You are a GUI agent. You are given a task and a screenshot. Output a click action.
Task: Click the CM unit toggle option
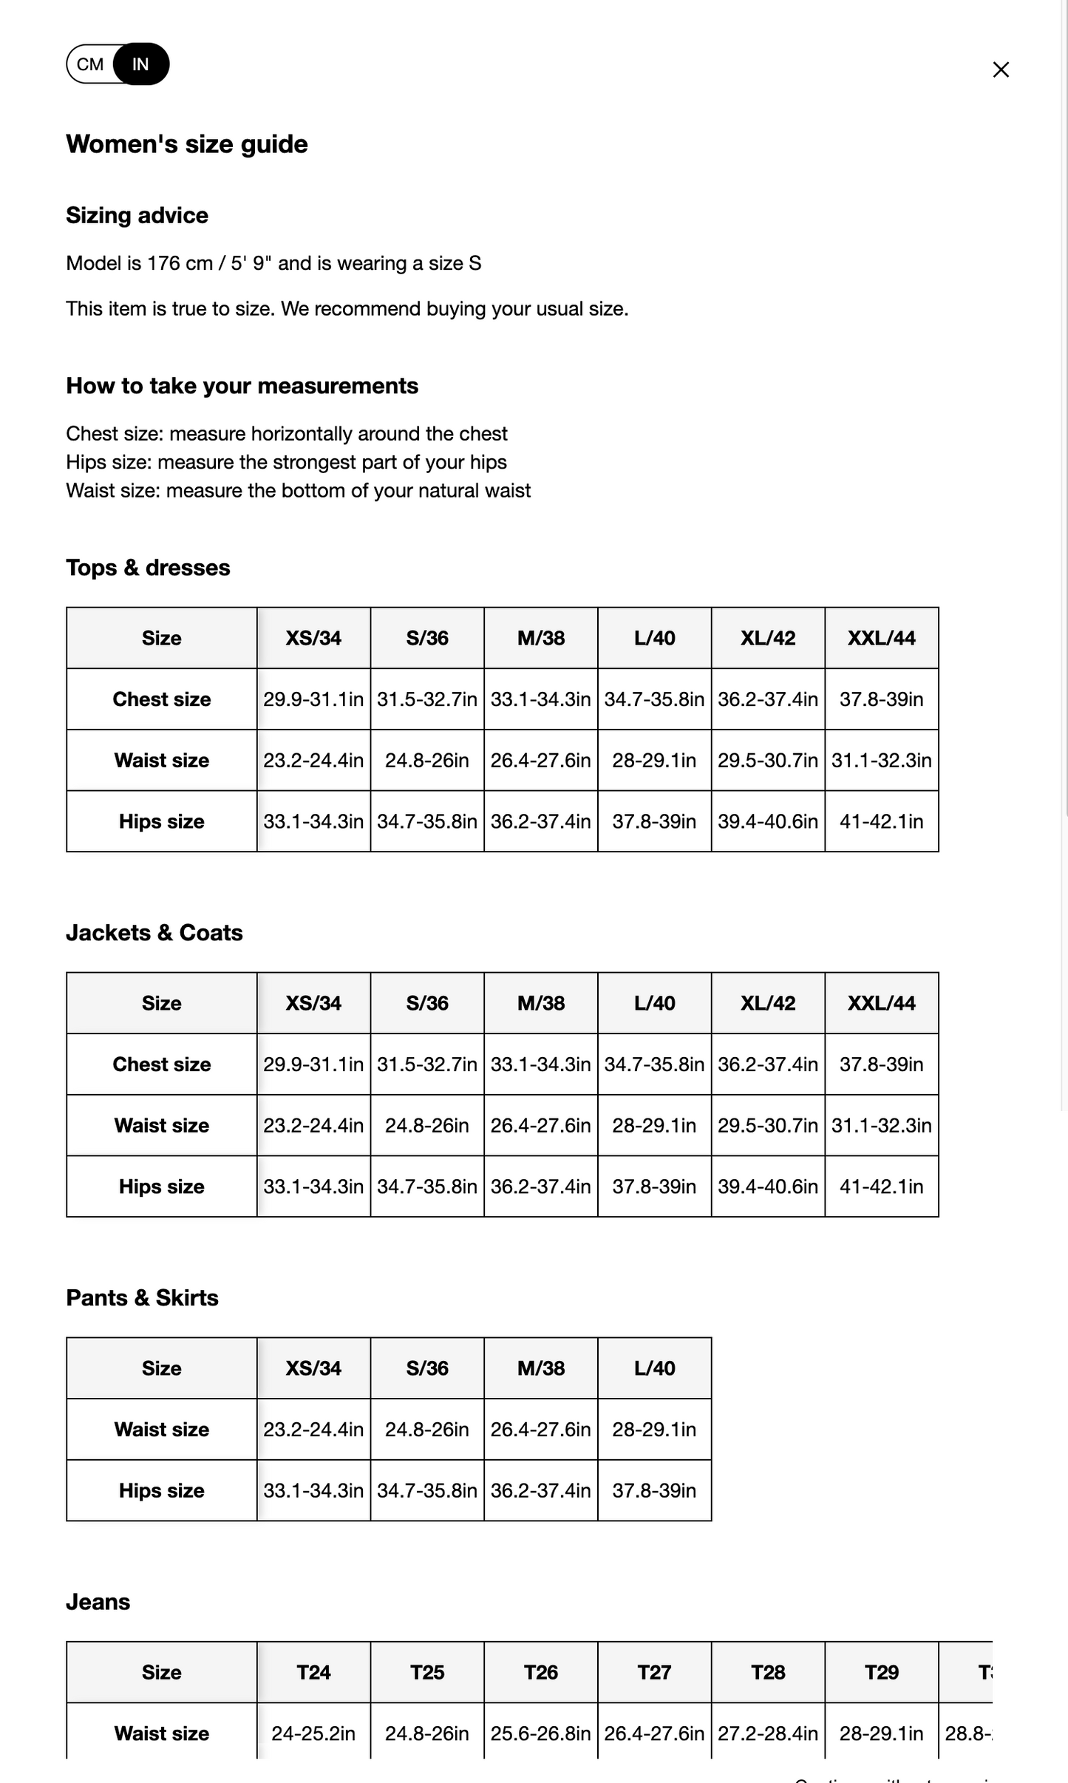pyautogui.click(x=89, y=64)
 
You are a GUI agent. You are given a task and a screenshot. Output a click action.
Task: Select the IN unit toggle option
pyautogui.click(x=140, y=64)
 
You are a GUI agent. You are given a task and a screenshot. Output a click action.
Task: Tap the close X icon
pyautogui.click(x=1001, y=69)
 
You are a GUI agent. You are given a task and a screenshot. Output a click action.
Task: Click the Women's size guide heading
pyautogui.click(x=186, y=143)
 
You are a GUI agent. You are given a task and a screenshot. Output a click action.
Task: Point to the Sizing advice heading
pyautogui.click(x=137, y=215)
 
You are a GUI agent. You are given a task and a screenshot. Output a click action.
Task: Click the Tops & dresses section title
pyautogui.click(x=148, y=567)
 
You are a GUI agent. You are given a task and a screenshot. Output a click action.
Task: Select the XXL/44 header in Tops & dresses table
pyautogui.click(x=881, y=638)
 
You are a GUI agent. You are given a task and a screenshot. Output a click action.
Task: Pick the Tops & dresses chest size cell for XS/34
pyautogui.click(x=313, y=699)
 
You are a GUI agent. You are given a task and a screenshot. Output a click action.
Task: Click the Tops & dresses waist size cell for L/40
pyautogui.click(x=654, y=760)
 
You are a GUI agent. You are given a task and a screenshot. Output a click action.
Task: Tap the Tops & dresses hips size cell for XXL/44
pyautogui.click(x=881, y=821)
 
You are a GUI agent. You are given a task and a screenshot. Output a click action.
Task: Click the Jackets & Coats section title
pyautogui.click(x=154, y=932)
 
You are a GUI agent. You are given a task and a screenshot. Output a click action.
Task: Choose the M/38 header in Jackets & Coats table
pyautogui.click(x=541, y=1003)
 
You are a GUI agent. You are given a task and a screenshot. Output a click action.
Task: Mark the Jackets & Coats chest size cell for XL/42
pyautogui.click(x=768, y=1064)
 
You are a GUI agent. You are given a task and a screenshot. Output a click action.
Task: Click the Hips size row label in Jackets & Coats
pyautogui.click(x=161, y=1186)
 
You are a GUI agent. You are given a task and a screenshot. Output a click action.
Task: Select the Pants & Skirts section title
pyautogui.click(x=142, y=1297)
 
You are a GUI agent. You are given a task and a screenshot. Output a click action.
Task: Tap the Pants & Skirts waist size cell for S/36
pyautogui.click(x=427, y=1429)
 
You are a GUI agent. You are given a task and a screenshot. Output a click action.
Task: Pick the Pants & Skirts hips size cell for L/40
pyautogui.click(x=654, y=1490)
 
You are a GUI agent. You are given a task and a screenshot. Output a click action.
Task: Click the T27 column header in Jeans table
pyautogui.click(x=654, y=1672)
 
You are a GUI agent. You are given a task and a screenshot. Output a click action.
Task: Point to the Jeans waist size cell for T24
pyautogui.click(x=313, y=1733)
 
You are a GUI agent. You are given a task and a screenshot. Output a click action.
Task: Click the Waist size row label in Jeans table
pyautogui.click(x=161, y=1733)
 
